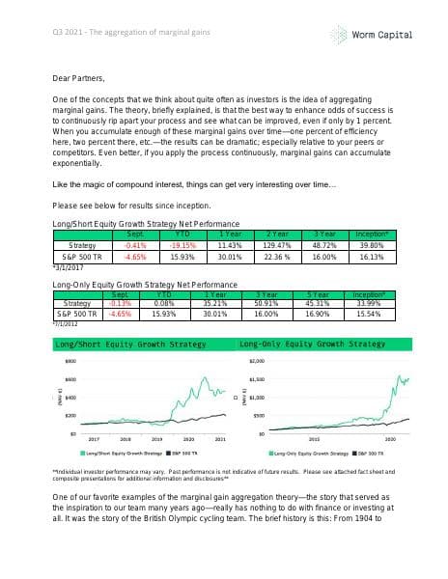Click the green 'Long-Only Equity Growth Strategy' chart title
(312, 344)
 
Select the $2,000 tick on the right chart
(256, 360)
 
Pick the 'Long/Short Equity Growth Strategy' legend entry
(121, 451)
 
